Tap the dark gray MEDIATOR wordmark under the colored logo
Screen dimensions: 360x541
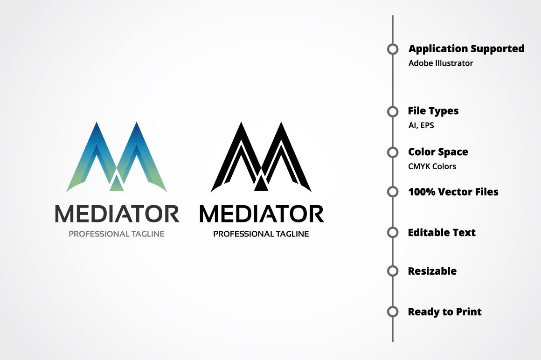(117, 214)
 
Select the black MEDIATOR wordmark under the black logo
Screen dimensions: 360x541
(261, 214)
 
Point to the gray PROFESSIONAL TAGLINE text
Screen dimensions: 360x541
(117, 234)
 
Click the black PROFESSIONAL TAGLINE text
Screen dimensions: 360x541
(261, 234)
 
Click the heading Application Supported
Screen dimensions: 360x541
(466, 48)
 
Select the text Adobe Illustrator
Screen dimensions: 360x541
(441, 63)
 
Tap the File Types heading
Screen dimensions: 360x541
(433, 111)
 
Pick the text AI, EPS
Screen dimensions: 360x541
(421, 125)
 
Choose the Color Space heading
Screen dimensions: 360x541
(438, 152)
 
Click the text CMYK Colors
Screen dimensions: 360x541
(432, 166)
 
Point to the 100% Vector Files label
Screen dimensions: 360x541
(453, 192)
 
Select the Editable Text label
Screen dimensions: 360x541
(442, 232)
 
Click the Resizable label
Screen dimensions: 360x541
(432, 271)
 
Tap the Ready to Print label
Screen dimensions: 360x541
(444, 312)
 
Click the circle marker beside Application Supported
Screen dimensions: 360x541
(393, 49)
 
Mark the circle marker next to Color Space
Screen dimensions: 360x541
(393, 152)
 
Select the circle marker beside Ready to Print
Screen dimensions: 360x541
(393, 312)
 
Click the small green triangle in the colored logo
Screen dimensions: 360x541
(117, 186)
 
